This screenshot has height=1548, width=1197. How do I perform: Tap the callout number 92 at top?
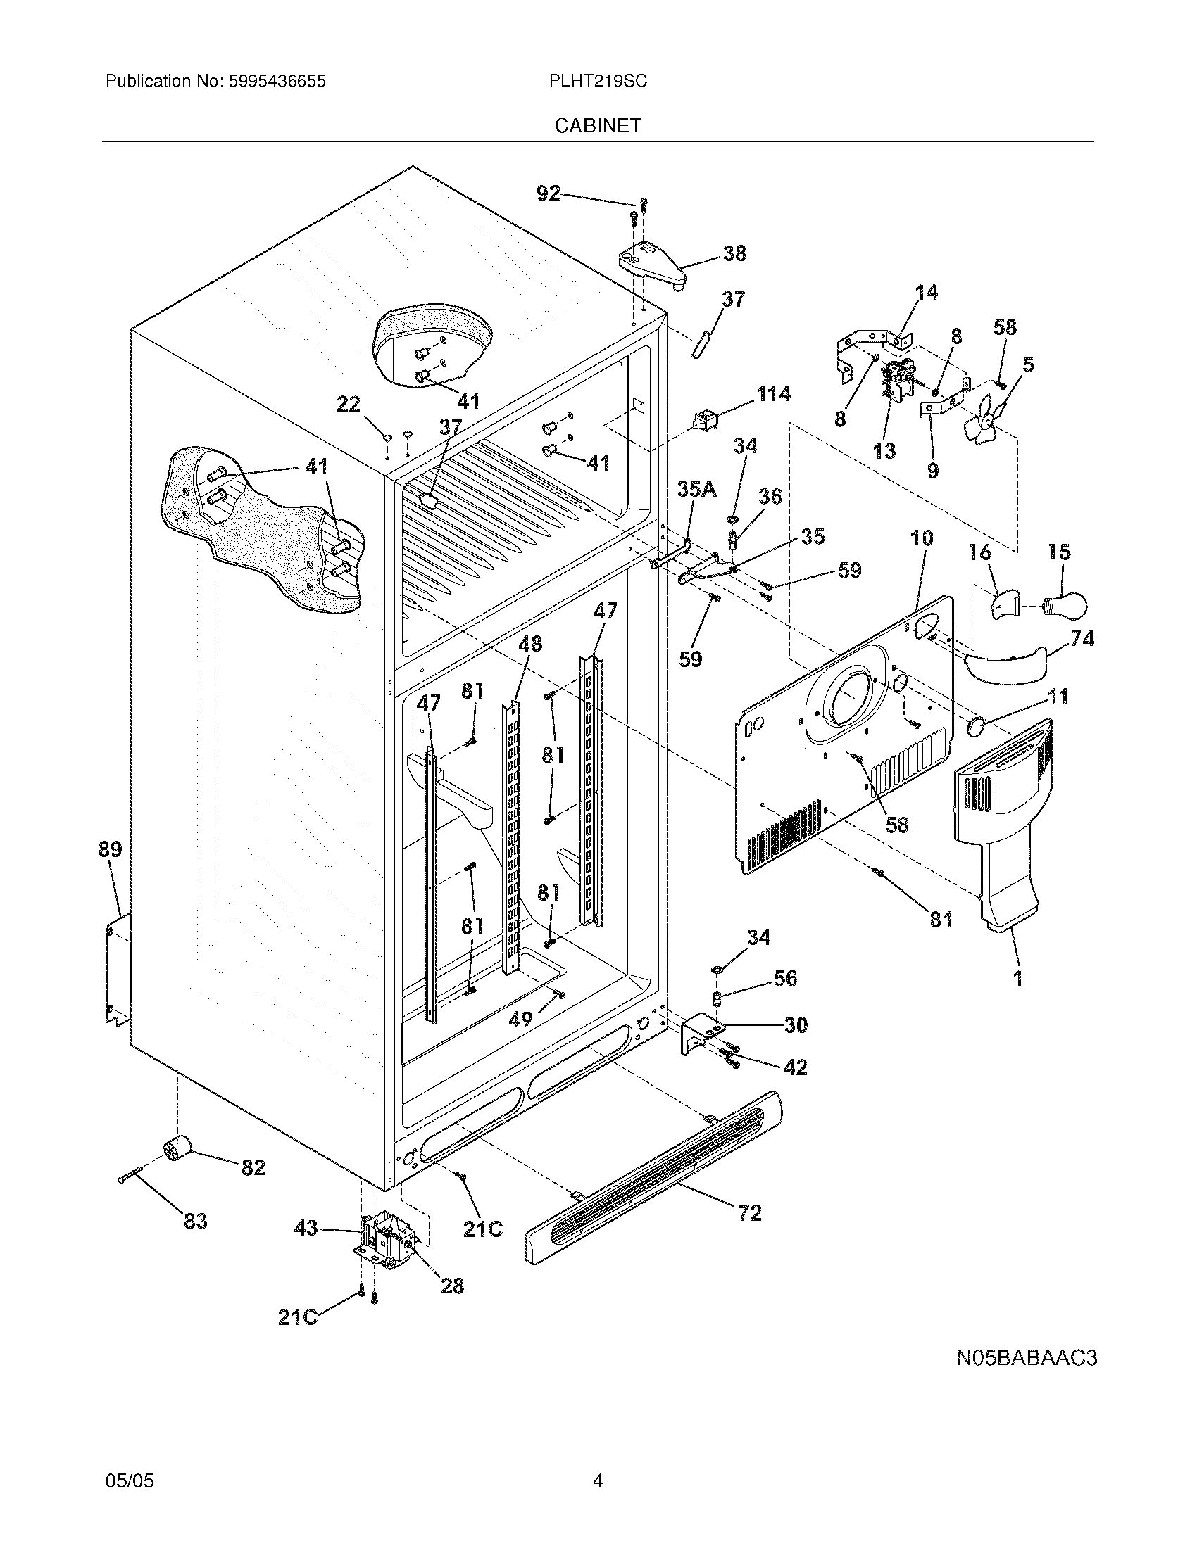tap(547, 193)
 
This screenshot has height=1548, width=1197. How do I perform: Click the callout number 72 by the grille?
tap(749, 1212)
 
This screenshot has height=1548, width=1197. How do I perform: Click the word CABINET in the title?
tap(598, 125)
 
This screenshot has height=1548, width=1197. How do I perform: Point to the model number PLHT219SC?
tap(597, 82)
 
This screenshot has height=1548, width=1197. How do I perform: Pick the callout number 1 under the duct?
tap(1017, 979)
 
